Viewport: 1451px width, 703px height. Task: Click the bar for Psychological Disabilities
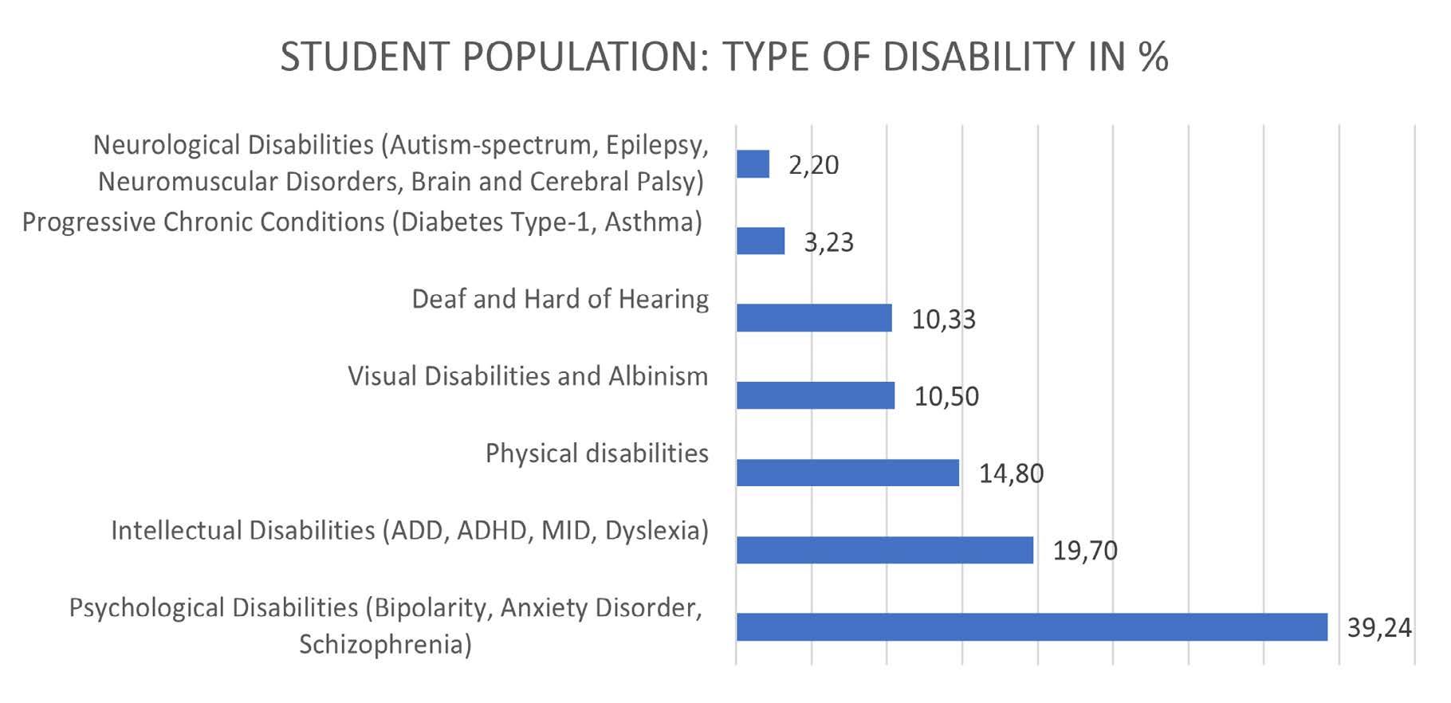[1032, 626]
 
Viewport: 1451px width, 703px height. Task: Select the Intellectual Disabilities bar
[885, 550]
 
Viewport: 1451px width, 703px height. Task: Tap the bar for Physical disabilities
[847, 473]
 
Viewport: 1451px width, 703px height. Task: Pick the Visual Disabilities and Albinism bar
[816, 395]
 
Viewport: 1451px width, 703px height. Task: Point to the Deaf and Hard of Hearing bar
[814, 318]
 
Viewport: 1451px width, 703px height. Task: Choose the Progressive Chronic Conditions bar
[761, 241]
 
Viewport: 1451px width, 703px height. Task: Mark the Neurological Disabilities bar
[753, 164]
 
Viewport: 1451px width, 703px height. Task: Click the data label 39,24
[1379, 628]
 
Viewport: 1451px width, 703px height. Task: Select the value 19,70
[1085, 551]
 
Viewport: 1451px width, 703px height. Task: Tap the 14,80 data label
[1011, 473]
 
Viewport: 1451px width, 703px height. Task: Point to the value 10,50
[946, 396]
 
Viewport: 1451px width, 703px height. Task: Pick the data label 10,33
[944, 319]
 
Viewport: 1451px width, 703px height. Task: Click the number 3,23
[829, 242]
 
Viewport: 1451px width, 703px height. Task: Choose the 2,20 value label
[814, 165]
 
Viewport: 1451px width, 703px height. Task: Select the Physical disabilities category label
[597, 454]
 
